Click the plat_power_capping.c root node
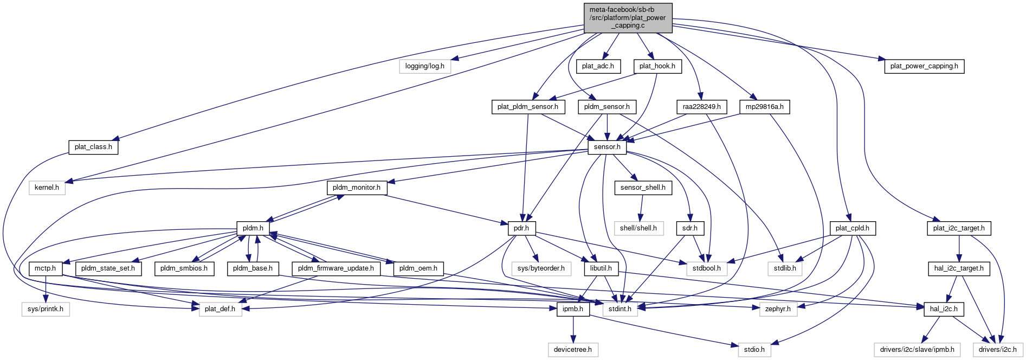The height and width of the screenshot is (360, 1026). click(x=628, y=17)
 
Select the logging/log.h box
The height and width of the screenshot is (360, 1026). click(x=424, y=66)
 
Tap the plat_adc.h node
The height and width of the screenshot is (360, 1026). click(x=598, y=66)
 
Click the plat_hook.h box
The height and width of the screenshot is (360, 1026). click(x=657, y=66)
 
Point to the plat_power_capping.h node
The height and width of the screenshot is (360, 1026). click(x=924, y=66)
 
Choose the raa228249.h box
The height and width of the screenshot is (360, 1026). click(x=701, y=107)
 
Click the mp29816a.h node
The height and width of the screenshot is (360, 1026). click(x=764, y=107)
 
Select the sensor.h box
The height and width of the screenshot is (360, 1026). click(x=607, y=147)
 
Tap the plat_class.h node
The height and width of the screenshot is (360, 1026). click(x=93, y=147)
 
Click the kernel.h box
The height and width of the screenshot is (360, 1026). click(x=47, y=188)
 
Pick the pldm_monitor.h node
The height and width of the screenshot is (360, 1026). click(x=356, y=188)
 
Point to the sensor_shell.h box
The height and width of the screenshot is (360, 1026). click(x=643, y=188)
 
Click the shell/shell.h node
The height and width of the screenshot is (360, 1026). click(x=638, y=228)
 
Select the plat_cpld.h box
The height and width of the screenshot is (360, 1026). click(x=852, y=228)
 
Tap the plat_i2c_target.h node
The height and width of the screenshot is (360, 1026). click(x=959, y=228)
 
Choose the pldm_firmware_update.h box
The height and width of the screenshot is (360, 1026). click(x=335, y=268)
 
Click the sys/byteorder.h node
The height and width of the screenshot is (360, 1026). click(x=540, y=268)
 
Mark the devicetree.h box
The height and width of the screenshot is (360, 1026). click(x=572, y=350)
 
